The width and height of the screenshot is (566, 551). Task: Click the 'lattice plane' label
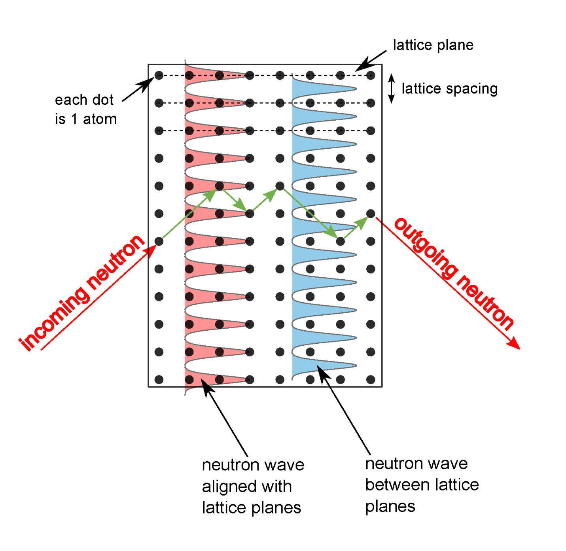[x=433, y=45]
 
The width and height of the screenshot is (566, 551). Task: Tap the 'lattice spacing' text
[x=449, y=89]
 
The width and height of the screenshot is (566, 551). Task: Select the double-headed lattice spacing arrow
[x=391, y=89]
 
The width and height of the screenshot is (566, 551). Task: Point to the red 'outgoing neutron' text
[x=454, y=273]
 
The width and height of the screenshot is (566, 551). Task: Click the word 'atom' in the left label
[x=100, y=119]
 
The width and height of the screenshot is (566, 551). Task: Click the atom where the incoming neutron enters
[x=159, y=241]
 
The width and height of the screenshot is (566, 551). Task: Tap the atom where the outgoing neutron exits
[x=371, y=214]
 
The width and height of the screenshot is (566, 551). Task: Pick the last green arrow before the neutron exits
[x=356, y=227]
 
